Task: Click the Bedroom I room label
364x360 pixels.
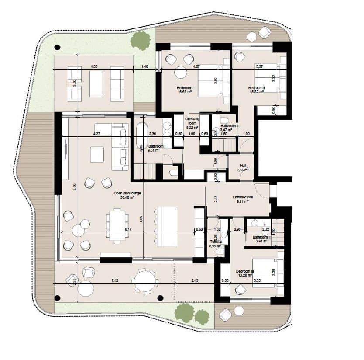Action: [x=185, y=90]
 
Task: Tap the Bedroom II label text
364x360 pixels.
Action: [x=257, y=90]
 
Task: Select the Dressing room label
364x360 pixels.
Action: [x=192, y=121]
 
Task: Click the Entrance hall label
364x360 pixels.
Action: [x=244, y=199]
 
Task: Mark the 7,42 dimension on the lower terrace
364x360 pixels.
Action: [x=114, y=280]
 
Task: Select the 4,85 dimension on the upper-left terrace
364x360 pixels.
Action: [x=93, y=66]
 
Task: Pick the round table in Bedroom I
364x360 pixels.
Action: [x=181, y=72]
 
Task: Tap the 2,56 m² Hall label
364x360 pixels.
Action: [x=244, y=168]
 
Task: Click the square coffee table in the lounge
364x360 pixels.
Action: [x=97, y=154]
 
